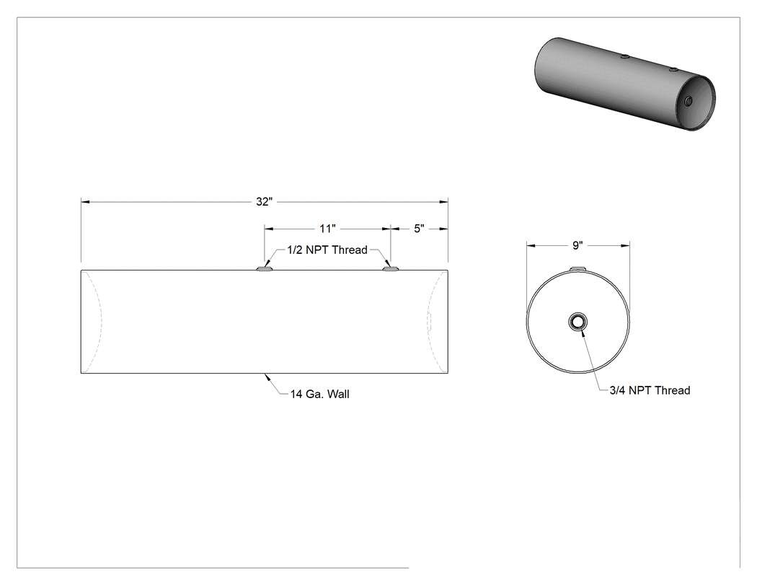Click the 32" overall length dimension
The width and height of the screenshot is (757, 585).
point(265,201)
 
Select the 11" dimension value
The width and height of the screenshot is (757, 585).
point(327,229)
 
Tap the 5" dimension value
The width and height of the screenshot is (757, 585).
point(419,229)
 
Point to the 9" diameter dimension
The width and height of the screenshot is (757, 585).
point(577,245)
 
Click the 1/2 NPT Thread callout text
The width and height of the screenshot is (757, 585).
point(327,250)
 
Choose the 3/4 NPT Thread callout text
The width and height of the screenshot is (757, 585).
point(650,390)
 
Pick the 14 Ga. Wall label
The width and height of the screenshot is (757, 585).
point(319,394)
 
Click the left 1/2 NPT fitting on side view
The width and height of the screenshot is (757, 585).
point(265,268)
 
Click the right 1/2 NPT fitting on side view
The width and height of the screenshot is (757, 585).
point(391,268)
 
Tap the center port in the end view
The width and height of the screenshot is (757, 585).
point(578,322)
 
